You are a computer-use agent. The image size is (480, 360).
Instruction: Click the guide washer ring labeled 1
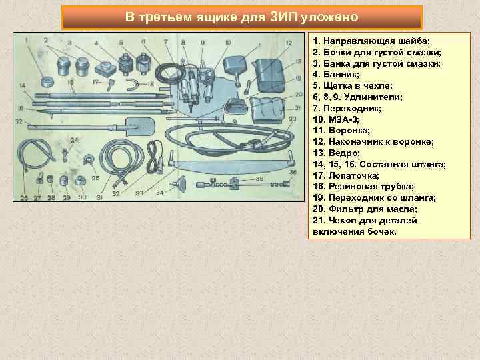[x=47, y=82]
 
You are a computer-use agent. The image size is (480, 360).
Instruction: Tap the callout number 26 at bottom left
[x=24, y=197]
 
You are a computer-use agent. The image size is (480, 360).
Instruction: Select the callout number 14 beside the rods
[x=23, y=86]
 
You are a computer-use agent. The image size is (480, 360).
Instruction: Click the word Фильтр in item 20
[x=342, y=209]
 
